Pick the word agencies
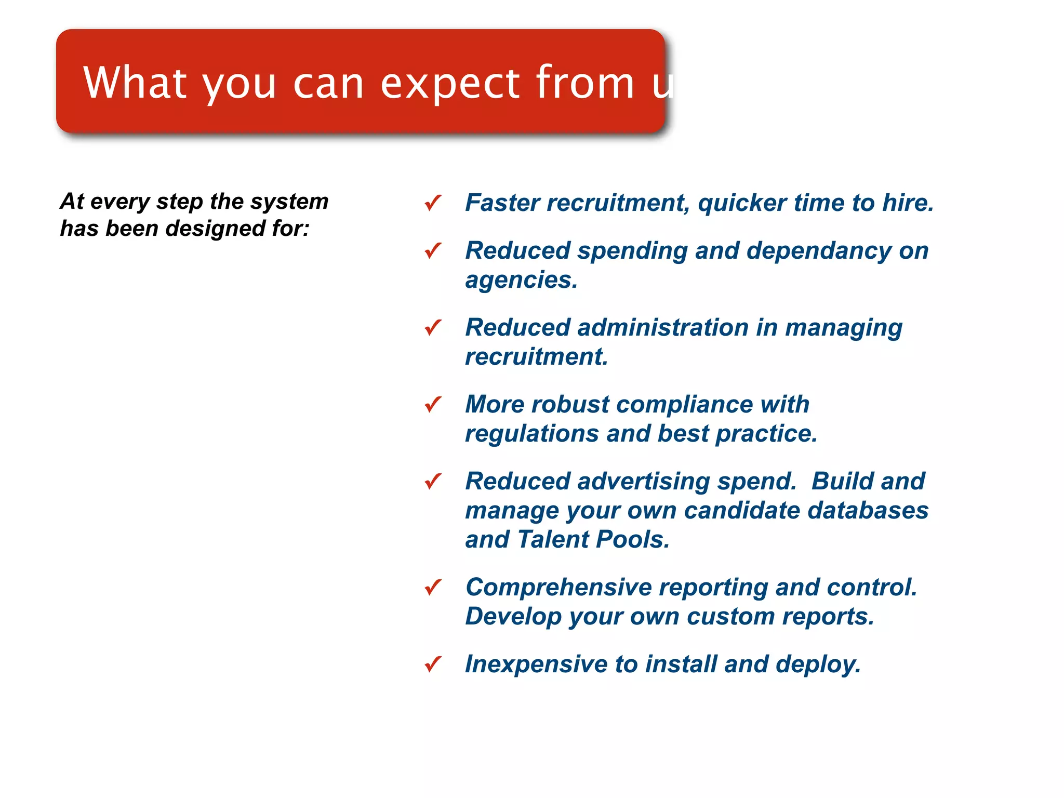[521, 281]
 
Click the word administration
[663, 328]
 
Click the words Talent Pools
[593, 539]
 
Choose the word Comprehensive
[558, 588]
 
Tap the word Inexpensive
[536, 664]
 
